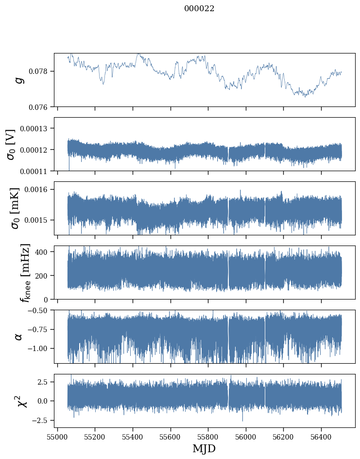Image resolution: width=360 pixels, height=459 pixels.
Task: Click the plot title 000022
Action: [x=199, y=9]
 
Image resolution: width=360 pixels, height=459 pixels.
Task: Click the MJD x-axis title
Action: [x=204, y=448]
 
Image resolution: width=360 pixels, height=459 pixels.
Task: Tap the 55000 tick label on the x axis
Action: [x=57, y=437]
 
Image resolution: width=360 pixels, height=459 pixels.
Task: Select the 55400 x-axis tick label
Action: [x=133, y=437]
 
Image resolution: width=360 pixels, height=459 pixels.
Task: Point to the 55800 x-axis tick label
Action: [x=208, y=437]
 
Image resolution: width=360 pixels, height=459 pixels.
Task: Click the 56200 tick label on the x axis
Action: [x=283, y=437]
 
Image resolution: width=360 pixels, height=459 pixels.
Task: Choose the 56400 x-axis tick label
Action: [x=321, y=437]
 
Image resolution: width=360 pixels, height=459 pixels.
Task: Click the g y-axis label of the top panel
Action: [x=20, y=80]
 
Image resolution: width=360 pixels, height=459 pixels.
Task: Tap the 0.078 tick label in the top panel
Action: [x=41, y=71]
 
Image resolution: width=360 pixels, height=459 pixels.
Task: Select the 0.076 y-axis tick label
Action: [x=41, y=106]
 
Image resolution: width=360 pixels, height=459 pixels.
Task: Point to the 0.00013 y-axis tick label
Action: [x=36, y=128]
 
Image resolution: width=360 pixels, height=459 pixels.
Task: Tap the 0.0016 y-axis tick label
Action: [x=38, y=189]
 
